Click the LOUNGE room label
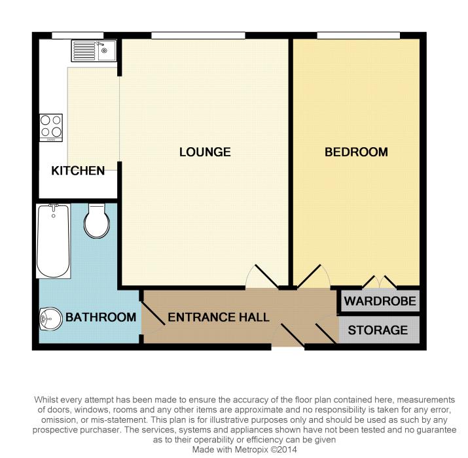205,152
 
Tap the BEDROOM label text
356,152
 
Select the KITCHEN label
78,171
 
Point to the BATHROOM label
101,317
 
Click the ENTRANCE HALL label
219,317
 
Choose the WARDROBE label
380,301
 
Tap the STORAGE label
378,330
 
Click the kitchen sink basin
107,51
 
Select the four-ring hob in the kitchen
51,128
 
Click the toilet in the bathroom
97,220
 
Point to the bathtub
54,241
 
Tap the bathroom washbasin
51,319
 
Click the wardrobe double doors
379,282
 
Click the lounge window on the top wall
198,35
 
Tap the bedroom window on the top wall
358,35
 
